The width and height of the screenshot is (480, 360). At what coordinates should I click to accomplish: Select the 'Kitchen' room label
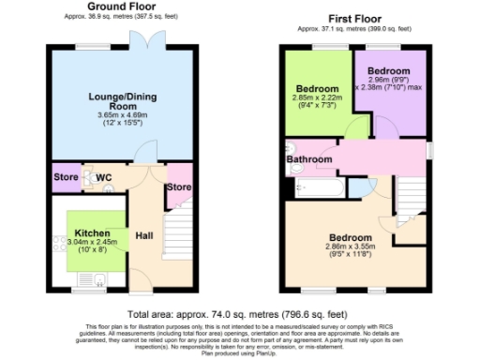pyautogui.click(x=93, y=232)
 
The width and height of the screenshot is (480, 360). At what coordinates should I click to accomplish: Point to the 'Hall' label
pyautogui.click(x=145, y=234)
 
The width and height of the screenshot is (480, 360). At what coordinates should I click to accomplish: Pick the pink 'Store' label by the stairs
pyautogui.click(x=179, y=187)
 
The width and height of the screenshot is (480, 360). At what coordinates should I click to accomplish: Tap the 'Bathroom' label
pyautogui.click(x=309, y=159)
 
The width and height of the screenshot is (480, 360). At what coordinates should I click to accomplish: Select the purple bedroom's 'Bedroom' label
pyautogui.click(x=387, y=71)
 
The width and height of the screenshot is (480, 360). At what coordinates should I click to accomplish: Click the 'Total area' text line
pyautogui.click(x=240, y=314)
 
